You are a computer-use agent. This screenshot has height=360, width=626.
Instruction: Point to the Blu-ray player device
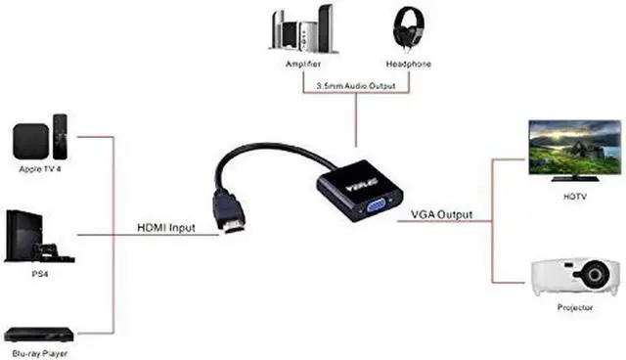click(36, 334)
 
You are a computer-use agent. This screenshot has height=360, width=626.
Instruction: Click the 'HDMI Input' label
click(165, 228)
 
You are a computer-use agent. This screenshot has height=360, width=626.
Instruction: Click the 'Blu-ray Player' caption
click(38, 352)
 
